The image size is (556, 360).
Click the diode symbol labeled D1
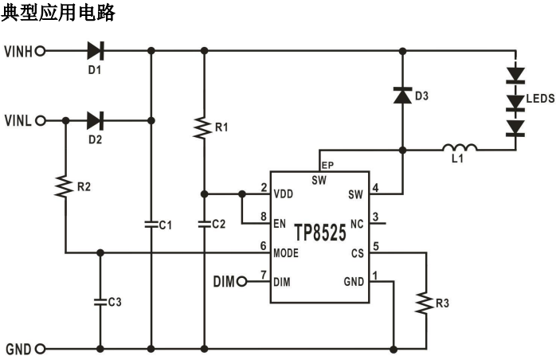95,52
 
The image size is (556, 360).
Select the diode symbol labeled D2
95,121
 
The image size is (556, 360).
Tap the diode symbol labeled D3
403,96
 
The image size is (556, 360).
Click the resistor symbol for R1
204,127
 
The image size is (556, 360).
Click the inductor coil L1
460,147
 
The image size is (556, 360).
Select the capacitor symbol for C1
151,224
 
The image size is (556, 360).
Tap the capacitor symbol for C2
204,224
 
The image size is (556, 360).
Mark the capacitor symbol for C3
100,302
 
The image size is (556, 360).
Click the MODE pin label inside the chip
287,253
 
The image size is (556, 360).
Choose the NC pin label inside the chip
356,225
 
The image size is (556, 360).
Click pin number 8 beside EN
263,217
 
